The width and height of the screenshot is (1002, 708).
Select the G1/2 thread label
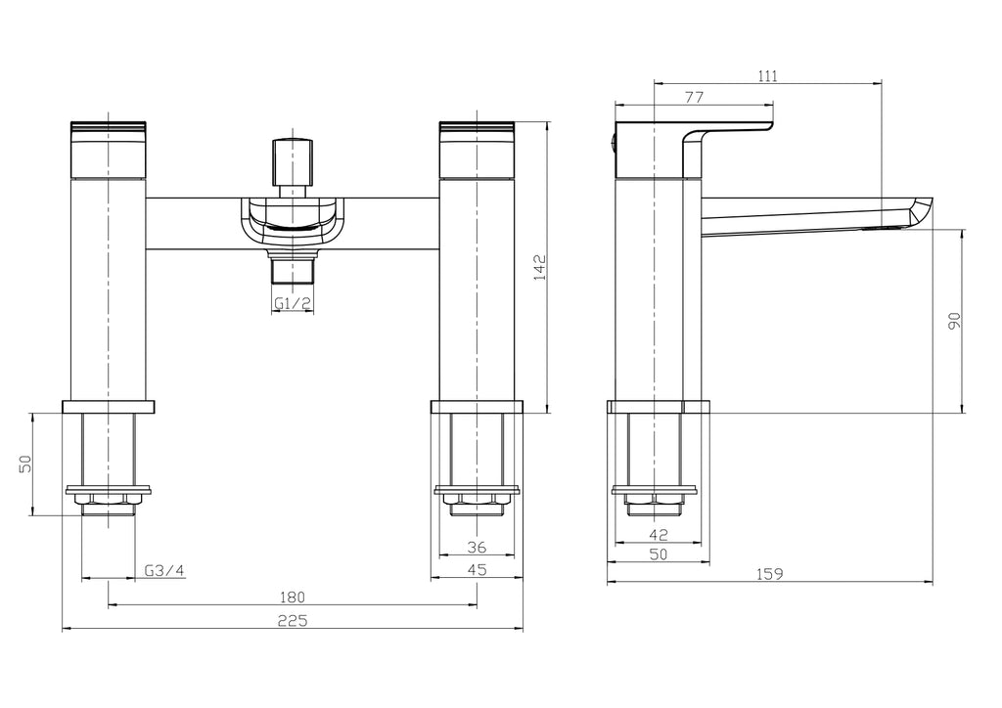pyautogui.click(x=293, y=303)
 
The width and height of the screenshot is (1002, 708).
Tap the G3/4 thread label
pyautogui.click(x=163, y=571)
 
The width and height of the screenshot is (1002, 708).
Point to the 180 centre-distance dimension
pyautogui.click(x=293, y=597)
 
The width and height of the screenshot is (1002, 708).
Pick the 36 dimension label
pyautogui.click(x=477, y=548)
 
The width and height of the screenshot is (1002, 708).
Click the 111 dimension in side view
pyautogui.click(x=768, y=76)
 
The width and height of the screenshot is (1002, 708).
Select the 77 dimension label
pyautogui.click(x=694, y=97)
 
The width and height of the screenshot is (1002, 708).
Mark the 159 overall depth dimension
pyautogui.click(x=769, y=574)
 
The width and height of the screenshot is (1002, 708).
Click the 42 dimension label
pyautogui.click(x=658, y=534)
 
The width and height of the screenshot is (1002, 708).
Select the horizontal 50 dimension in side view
pyautogui.click(x=658, y=554)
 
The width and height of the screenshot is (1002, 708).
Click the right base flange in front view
pyautogui.click(x=477, y=406)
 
